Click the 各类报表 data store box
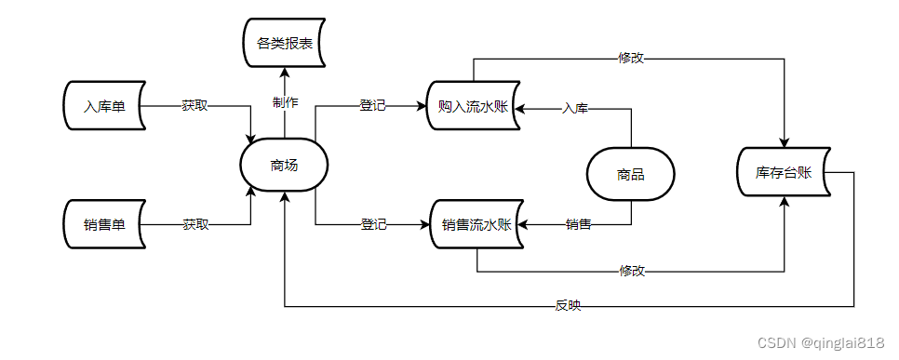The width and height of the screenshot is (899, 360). click(x=284, y=42)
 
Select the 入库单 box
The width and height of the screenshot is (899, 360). click(x=105, y=105)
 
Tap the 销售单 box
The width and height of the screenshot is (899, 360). click(x=105, y=224)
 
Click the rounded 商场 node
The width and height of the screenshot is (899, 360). click(x=284, y=166)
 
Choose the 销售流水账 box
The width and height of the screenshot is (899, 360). click(x=476, y=224)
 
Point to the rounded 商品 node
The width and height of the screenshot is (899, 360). click(x=631, y=174)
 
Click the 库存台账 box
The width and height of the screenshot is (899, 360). click(x=785, y=172)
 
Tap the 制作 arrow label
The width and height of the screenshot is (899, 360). click(x=285, y=101)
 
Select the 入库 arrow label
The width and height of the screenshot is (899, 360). click(x=575, y=109)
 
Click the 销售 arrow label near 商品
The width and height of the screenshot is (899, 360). click(x=579, y=224)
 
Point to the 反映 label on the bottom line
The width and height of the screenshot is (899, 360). click(x=568, y=306)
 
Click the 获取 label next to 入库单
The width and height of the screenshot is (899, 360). click(x=195, y=105)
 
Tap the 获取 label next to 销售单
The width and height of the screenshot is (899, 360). click(x=195, y=224)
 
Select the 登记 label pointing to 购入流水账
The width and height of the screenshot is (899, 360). click(x=372, y=105)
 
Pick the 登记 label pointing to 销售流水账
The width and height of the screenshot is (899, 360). click(x=373, y=224)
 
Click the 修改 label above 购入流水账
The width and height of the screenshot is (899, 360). click(x=631, y=58)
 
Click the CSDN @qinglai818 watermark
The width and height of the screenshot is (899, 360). click(x=821, y=343)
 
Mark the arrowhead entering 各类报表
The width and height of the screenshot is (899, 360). click(x=284, y=72)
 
